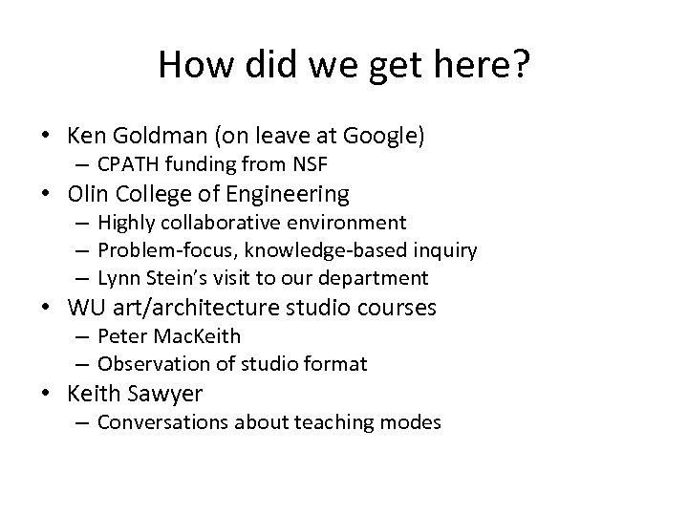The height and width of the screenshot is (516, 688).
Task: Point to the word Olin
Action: [x=88, y=194]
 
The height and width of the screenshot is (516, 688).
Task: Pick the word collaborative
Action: [x=222, y=223]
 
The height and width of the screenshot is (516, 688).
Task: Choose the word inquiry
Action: [x=443, y=250]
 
